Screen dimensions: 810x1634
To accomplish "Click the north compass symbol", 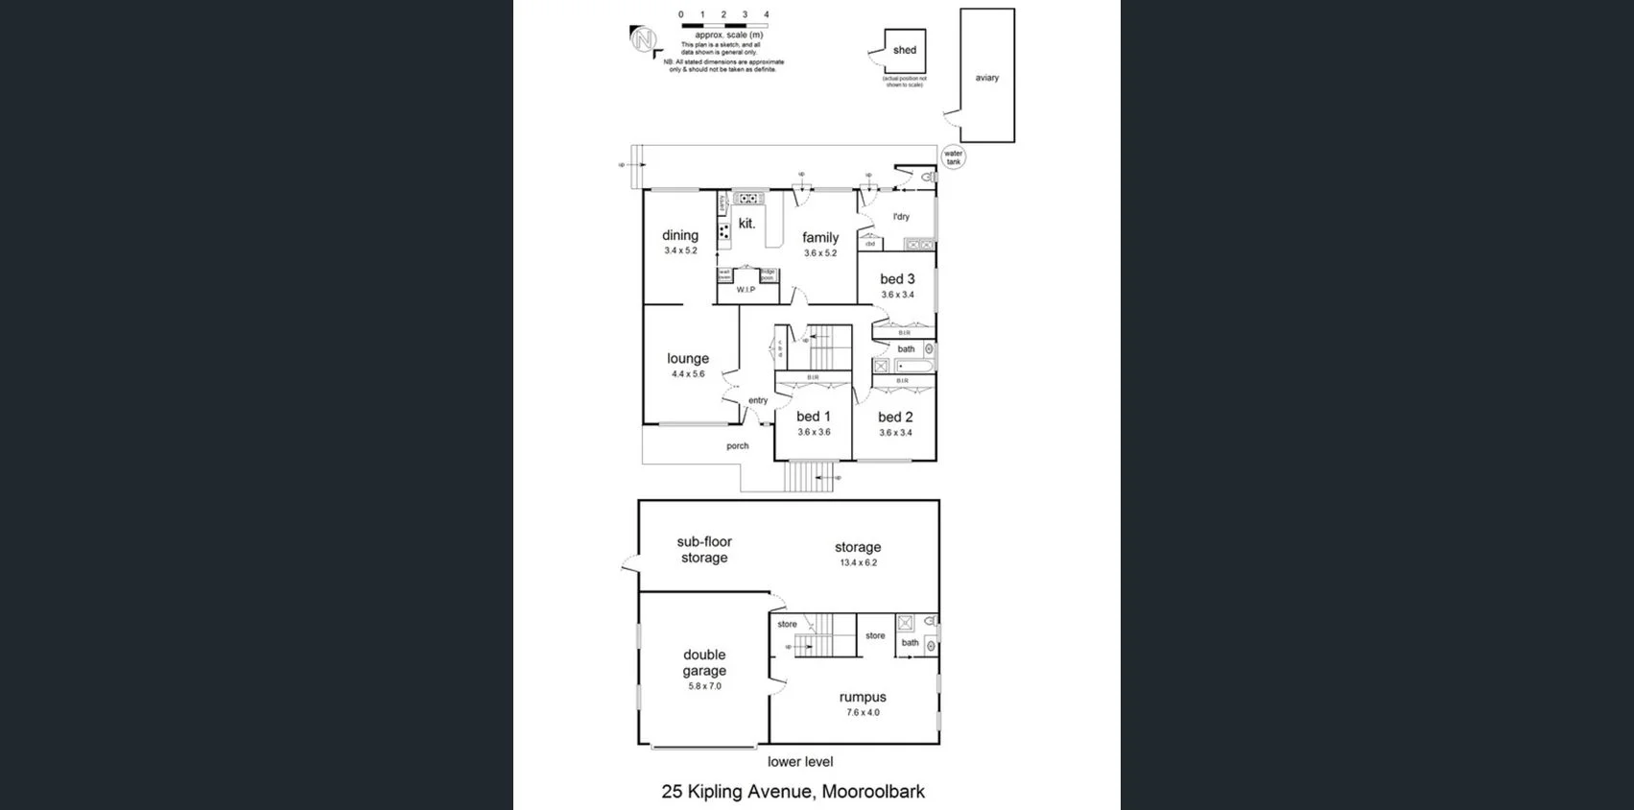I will coord(643,40).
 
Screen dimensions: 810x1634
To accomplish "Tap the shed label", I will coord(904,50).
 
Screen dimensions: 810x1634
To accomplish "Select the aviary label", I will coord(986,78).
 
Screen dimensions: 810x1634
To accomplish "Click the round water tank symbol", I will coord(953,158).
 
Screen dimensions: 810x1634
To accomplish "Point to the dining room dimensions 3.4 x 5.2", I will coord(680,250).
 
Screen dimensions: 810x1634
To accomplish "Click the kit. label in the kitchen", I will coord(746,224).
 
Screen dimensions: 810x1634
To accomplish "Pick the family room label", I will coord(820,237).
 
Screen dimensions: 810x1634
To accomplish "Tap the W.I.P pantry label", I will coord(746,289).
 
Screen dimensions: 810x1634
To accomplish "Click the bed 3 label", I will coord(897,279).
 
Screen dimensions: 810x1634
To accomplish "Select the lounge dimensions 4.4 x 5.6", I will coord(688,374).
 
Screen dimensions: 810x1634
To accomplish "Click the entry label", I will coord(758,400).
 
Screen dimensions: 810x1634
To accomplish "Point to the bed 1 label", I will coord(813,417).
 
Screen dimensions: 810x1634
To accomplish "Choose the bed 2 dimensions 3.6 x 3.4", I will coord(895,433).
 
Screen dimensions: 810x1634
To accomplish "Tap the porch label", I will coord(737,445).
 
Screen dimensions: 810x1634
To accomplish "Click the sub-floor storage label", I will coord(704,550).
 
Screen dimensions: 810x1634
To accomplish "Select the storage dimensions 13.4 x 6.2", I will coord(858,562).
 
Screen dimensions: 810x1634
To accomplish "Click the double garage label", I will coord(704,662).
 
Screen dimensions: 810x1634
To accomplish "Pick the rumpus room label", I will coord(862,698).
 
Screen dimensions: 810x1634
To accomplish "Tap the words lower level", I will coord(800,761).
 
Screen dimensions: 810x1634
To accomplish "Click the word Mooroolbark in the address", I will coord(872,792).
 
